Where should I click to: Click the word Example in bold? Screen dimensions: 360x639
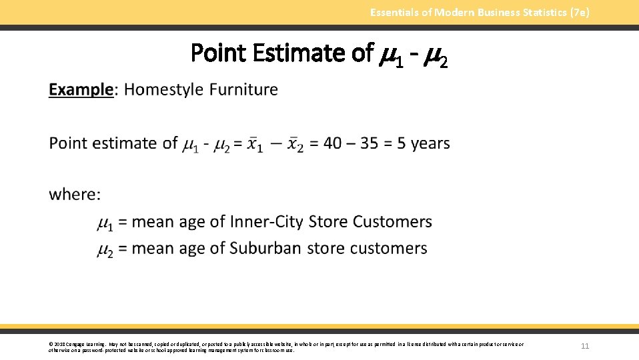tap(81, 89)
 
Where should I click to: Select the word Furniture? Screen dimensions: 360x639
tap(243, 89)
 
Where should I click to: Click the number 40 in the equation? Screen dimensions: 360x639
tap(334, 143)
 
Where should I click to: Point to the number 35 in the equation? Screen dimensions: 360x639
tap(370, 143)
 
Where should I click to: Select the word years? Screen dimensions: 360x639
tap(430, 143)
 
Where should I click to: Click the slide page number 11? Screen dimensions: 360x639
tap(585, 346)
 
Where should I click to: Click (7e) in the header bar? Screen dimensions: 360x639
tap(578, 12)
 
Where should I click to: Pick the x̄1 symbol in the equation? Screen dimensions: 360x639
tap(255, 144)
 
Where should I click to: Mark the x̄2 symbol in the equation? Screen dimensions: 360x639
tap(295, 144)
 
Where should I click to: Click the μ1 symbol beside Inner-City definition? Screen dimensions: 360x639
tap(105, 223)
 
